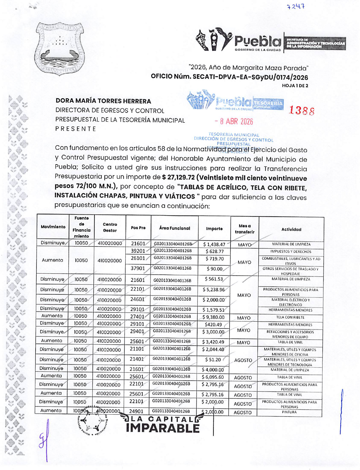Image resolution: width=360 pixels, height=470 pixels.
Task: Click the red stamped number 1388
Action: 302,110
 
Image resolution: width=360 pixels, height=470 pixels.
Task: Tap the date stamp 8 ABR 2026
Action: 234,122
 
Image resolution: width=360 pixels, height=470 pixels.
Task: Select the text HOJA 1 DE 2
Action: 295,85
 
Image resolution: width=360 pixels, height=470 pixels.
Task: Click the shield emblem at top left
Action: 60,49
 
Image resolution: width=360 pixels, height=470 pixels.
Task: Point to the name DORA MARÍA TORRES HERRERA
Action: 103,101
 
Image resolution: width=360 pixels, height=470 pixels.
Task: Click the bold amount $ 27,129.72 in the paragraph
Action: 178,178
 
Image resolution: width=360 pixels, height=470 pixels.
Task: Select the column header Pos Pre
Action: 138,228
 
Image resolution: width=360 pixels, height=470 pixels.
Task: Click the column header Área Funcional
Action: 174,228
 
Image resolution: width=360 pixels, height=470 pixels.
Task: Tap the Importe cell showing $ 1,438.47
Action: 214,244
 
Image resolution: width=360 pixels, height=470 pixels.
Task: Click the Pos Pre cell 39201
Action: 138,251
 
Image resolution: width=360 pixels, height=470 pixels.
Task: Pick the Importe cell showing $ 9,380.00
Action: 214,317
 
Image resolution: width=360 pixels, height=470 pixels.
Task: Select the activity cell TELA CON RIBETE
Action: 290,317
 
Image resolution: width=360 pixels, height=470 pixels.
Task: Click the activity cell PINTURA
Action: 289,412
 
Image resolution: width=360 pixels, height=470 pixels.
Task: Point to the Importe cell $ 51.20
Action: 213,360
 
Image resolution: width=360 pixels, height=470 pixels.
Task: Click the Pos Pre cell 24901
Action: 136,411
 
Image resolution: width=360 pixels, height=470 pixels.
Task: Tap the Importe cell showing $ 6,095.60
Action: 213,377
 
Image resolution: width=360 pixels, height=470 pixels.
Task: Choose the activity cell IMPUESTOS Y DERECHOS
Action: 291,251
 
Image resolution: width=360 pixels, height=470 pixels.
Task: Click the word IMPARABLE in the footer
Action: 162,428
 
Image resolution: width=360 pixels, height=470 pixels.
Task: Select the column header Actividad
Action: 291,229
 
